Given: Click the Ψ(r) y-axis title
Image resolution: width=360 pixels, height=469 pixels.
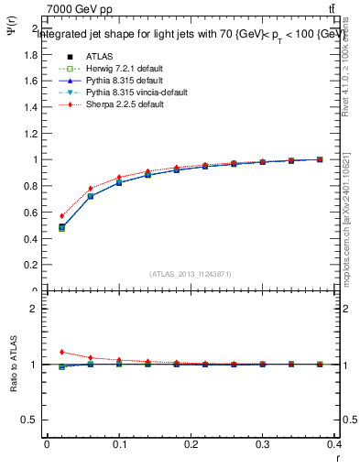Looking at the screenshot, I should (x=10, y=40).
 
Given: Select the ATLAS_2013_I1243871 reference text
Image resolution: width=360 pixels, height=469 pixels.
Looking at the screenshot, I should (x=191, y=274).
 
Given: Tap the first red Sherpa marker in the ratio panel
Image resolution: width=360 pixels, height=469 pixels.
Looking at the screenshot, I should (x=62, y=352).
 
